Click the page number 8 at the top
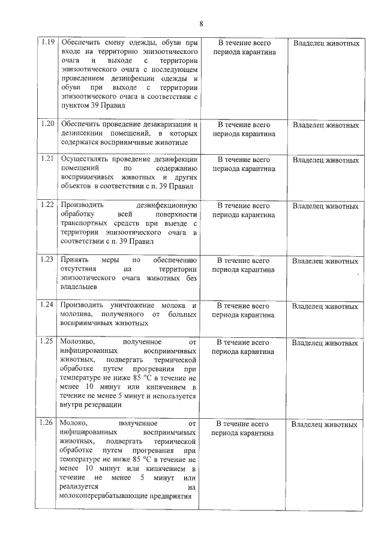pyautogui.click(x=201, y=23)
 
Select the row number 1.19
pyautogui.click(x=47, y=43)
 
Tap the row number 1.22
pyautogui.click(x=47, y=205)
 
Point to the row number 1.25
pyautogui.click(x=47, y=343)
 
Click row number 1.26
pyautogui.click(x=47, y=424)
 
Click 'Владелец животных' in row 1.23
pyautogui.click(x=325, y=261)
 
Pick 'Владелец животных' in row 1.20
pyautogui.click(x=325, y=125)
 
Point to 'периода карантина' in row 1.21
pyautogui.click(x=244, y=169)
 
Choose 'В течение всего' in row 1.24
pyautogui.click(x=244, y=305)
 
